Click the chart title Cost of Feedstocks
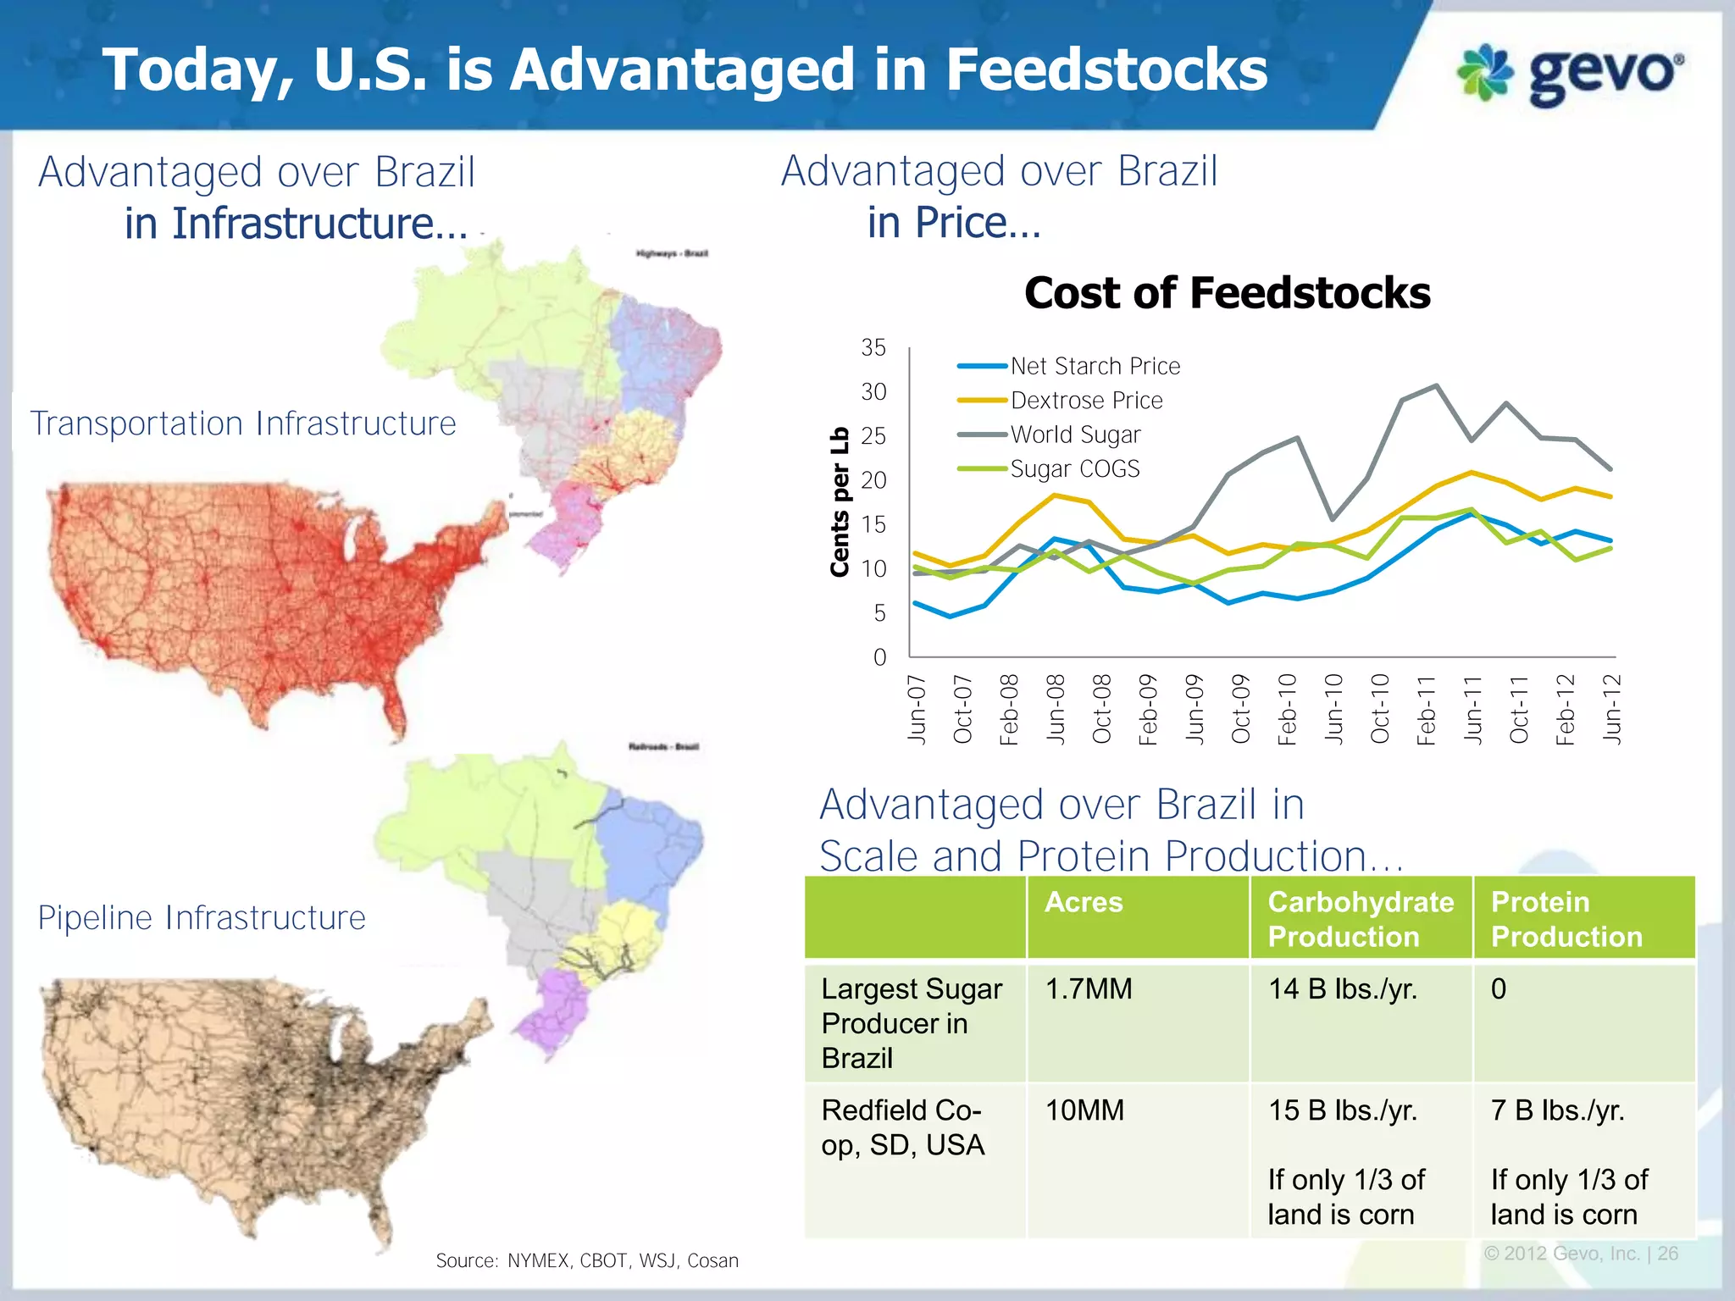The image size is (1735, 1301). pos(1227,294)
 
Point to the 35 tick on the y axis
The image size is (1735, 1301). pos(873,348)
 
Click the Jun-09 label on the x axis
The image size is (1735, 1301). pos(1194,710)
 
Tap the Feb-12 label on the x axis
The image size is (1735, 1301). pos(1565,710)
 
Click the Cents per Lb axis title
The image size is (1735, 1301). pos(840,501)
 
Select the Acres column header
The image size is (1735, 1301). pos(1084,902)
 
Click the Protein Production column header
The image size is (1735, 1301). pos(1566,919)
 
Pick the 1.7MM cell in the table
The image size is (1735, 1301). pos(1089,989)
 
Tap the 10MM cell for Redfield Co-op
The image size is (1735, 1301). pos(1084,1110)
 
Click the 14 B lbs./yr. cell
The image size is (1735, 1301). pos(1342,989)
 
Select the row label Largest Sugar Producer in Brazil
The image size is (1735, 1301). pos(912,1023)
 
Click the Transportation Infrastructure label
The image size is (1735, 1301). pos(243,424)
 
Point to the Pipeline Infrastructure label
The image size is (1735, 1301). pos(202,918)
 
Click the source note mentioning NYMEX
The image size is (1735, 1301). pos(587,1260)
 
